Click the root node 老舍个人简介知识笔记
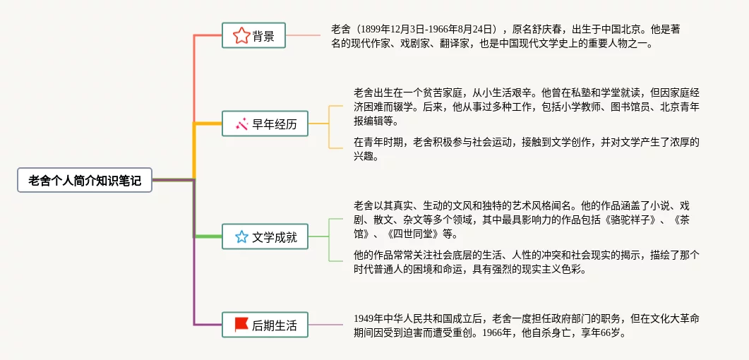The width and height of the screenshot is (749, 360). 85,180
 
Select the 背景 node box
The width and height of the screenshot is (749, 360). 253,35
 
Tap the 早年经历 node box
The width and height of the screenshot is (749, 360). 265,124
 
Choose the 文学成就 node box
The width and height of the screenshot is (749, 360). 265,236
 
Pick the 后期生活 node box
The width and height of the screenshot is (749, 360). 265,325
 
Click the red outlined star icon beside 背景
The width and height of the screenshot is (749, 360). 241,35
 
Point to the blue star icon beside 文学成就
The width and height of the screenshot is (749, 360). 241,236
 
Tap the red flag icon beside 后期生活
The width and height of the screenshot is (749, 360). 241,325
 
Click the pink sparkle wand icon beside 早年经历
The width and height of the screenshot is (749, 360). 242,124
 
